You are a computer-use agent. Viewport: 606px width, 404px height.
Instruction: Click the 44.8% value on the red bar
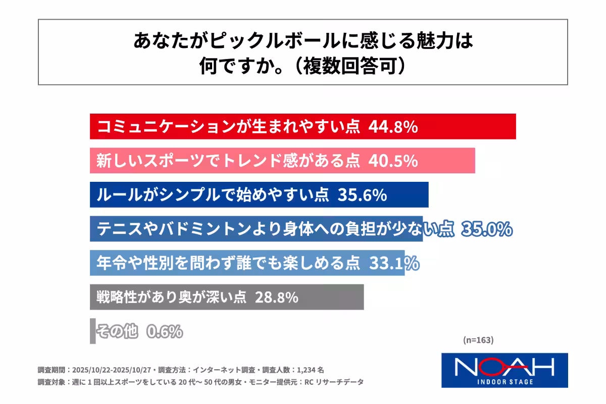click(393, 127)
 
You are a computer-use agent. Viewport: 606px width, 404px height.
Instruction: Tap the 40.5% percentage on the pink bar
click(393, 161)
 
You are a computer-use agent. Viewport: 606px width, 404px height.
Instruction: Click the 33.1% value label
click(394, 263)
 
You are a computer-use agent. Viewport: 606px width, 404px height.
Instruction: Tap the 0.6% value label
click(164, 332)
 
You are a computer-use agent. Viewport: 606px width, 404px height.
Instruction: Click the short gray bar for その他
click(93, 331)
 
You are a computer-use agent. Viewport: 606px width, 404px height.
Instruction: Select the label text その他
click(116, 332)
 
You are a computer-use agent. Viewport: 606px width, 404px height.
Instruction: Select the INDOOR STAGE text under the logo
click(504, 381)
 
